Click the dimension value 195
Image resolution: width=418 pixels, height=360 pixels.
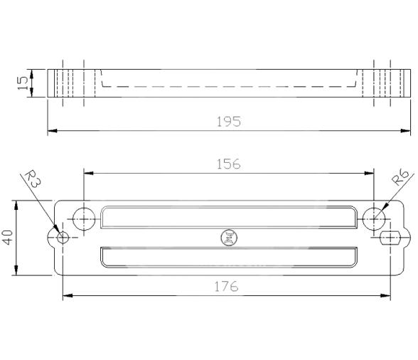[x=229, y=122]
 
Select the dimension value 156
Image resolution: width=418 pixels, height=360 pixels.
[x=229, y=164]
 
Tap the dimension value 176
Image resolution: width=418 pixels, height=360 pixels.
[x=227, y=286]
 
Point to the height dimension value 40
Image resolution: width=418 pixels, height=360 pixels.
[x=8, y=238]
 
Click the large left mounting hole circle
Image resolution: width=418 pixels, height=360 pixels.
[x=85, y=218]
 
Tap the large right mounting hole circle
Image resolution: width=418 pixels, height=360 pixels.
[x=374, y=218]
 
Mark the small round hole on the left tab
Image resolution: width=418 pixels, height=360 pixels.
[x=63, y=237]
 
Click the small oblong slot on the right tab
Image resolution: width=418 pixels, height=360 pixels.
[x=390, y=237]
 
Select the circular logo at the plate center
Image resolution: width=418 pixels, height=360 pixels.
[x=230, y=238]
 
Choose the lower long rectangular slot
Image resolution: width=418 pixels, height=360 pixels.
[x=229, y=258]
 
